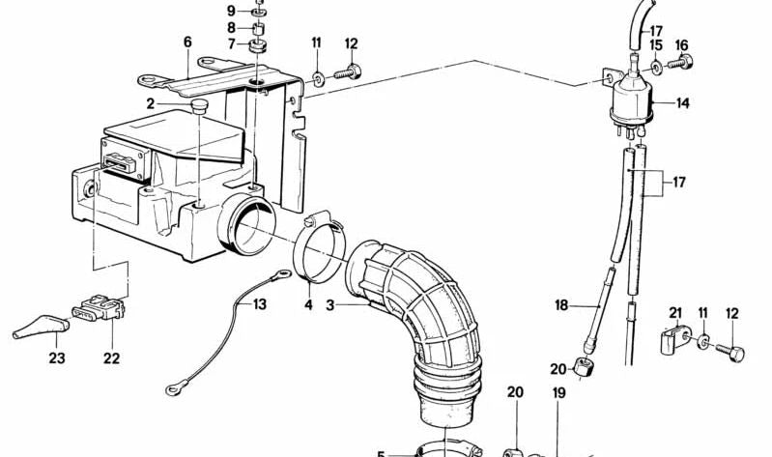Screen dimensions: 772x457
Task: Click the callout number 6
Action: click(x=187, y=42)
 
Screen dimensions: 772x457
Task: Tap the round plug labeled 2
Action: click(x=199, y=106)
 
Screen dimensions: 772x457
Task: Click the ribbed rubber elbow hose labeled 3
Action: click(x=418, y=325)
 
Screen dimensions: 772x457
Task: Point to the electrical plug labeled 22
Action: click(x=99, y=307)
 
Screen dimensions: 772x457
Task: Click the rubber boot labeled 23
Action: click(x=41, y=327)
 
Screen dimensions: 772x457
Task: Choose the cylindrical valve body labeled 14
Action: click(x=631, y=100)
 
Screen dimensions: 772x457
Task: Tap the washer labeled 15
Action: click(x=657, y=67)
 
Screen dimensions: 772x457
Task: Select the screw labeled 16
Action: click(x=680, y=63)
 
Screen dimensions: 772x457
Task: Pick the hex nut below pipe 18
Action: click(x=585, y=367)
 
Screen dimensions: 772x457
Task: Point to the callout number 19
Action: click(x=558, y=393)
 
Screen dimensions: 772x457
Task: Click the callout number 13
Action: click(x=260, y=304)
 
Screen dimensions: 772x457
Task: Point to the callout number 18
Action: click(x=561, y=305)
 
